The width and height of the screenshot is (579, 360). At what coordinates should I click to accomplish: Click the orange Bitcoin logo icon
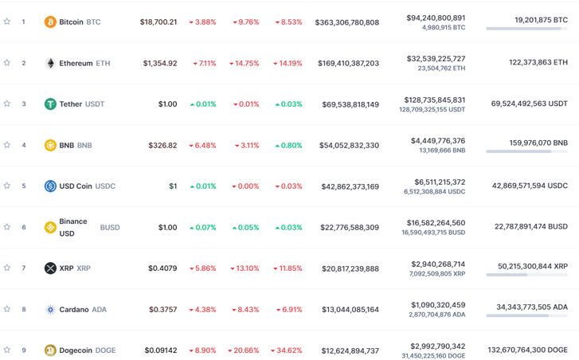tap(50, 22)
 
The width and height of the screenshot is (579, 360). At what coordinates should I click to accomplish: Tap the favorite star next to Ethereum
tap(7, 63)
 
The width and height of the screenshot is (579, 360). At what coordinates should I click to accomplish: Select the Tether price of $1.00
tap(167, 104)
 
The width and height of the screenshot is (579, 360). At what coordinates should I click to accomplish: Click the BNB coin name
tap(66, 146)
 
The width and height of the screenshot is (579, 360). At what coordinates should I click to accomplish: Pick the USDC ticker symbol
tap(105, 186)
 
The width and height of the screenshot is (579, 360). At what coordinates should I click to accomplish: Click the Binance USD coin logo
tap(50, 228)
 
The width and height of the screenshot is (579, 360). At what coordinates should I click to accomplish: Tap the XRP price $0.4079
tap(162, 268)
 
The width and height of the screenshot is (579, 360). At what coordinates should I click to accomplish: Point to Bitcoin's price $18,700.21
tap(158, 22)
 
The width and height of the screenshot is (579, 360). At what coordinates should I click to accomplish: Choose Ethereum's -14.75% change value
tap(245, 64)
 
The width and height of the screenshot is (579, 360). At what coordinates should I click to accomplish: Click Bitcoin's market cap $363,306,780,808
tap(346, 22)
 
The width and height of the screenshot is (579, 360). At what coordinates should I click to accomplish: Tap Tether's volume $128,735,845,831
tap(436, 100)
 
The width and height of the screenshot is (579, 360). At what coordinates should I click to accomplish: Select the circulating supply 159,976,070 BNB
tap(538, 143)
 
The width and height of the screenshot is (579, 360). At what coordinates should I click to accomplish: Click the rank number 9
tap(24, 350)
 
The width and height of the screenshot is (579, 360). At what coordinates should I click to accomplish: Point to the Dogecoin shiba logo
tap(50, 350)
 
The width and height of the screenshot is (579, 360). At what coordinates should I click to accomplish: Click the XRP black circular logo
tap(50, 268)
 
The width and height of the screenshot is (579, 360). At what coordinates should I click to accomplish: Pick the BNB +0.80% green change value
tap(288, 146)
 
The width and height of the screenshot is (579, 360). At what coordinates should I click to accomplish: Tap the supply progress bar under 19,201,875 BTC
tap(526, 29)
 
